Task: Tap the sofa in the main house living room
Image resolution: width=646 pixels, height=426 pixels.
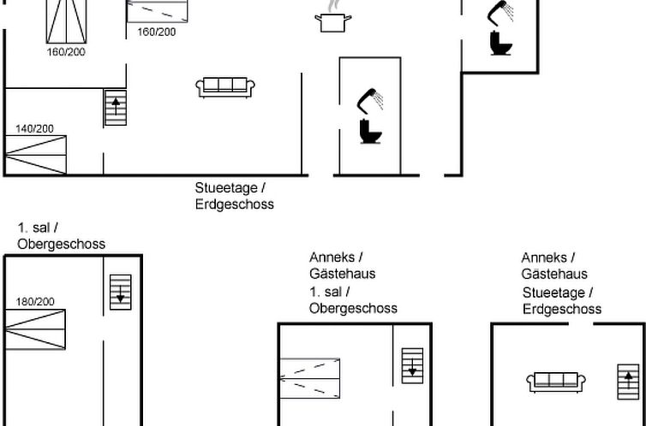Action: [x=225, y=87]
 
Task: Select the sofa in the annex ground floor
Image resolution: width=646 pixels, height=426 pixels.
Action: [x=556, y=382]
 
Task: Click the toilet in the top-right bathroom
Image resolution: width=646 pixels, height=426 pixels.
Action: [x=500, y=43]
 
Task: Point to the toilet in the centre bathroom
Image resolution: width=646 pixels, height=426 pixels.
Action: [x=370, y=131]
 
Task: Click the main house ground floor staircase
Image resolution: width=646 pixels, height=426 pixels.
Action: [x=116, y=108]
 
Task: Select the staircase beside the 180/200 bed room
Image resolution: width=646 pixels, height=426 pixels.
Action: [x=121, y=292]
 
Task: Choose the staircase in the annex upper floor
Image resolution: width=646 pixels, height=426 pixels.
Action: [x=412, y=365]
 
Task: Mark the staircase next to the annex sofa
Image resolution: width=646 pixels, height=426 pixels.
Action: [x=628, y=382]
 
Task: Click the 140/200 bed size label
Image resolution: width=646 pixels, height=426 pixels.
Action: [x=34, y=129]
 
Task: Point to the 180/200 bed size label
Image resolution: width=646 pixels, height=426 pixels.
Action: [x=35, y=302]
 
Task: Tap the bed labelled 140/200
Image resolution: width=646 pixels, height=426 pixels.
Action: [x=36, y=155]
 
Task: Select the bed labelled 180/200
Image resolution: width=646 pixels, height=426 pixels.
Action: [x=35, y=329]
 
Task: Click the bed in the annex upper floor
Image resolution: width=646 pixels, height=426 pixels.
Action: [x=310, y=378]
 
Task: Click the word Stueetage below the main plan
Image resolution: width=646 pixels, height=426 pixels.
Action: [x=227, y=188]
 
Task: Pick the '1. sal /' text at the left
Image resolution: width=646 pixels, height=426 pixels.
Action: [x=38, y=228]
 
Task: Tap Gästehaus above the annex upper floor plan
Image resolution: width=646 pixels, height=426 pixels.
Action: [x=343, y=274]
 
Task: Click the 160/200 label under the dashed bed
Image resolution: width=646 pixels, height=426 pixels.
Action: [x=157, y=32]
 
